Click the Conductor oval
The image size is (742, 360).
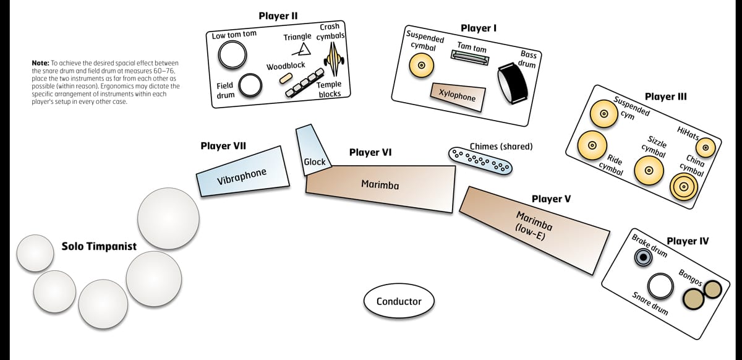[399, 301]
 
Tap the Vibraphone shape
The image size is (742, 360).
[242, 171]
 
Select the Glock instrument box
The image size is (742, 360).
[314, 148]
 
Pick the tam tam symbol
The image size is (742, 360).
[470, 59]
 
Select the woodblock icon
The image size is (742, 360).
[285, 77]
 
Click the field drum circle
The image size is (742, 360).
[250, 85]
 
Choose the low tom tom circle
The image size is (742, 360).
[230, 57]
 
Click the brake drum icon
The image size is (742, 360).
[644, 257]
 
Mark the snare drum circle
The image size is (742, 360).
[660, 286]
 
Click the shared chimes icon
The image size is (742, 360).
[481, 161]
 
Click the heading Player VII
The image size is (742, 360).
[223, 147]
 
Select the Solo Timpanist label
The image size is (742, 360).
[99, 247]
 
